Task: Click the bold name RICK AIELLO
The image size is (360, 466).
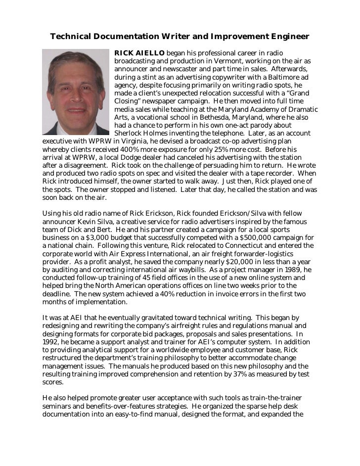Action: (139, 53)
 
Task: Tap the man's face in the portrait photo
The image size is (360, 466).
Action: (74, 87)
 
